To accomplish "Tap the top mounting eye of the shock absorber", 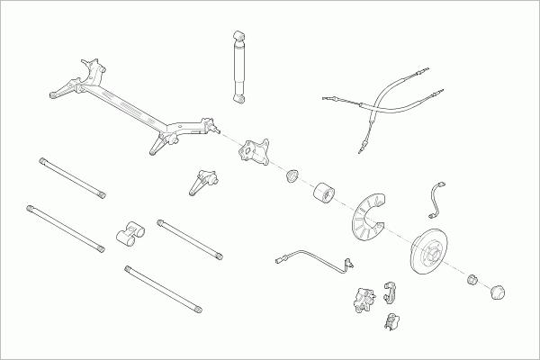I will click(x=239, y=34).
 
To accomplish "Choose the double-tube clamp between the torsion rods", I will click(x=130, y=233).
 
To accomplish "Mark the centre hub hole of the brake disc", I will click(x=433, y=249).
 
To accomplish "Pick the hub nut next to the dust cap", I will click(x=471, y=280).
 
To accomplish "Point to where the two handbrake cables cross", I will click(x=372, y=105).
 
